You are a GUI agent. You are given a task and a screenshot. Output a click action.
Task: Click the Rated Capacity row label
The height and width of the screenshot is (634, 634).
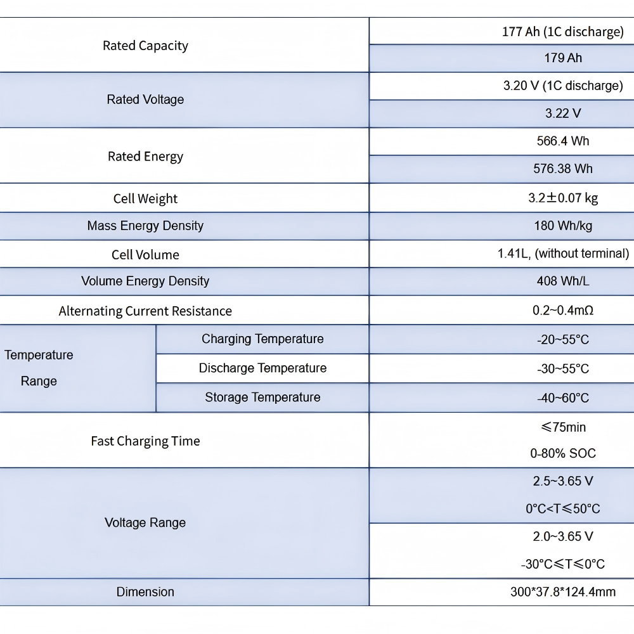(145, 46)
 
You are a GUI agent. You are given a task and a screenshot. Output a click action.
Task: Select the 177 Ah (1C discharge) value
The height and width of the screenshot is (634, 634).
(563, 32)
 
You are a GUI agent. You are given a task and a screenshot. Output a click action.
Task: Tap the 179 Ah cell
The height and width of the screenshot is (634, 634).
(563, 58)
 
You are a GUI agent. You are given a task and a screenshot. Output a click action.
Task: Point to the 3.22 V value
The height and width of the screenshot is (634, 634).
(563, 113)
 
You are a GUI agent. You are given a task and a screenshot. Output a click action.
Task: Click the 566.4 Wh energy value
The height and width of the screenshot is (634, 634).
(563, 141)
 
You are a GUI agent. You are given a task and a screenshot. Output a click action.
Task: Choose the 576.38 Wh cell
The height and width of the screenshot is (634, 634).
(563, 168)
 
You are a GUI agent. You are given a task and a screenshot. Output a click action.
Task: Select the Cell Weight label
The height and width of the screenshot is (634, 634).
(145, 198)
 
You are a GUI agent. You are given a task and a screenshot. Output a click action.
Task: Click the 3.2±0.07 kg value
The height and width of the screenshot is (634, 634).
(563, 198)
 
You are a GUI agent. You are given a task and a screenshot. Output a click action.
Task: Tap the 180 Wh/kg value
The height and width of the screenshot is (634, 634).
(563, 226)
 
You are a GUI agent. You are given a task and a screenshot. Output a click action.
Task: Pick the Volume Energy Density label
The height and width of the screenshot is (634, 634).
(145, 281)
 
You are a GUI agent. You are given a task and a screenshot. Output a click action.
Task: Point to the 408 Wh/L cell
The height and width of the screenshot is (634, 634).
(563, 281)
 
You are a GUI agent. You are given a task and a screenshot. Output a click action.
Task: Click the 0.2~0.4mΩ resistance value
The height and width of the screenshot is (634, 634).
(563, 310)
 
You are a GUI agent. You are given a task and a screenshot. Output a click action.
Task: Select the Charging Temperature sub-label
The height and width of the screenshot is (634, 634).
(262, 339)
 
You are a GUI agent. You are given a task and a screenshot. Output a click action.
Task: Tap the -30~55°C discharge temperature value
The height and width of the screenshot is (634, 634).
(563, 369)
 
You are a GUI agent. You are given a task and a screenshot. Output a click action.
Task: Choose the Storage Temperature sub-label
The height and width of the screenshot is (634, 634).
(262, 397)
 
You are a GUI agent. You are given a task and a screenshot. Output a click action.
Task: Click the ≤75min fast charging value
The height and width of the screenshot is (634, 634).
(563, 427)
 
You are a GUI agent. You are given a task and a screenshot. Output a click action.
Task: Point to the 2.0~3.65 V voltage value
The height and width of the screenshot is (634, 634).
(563, 536)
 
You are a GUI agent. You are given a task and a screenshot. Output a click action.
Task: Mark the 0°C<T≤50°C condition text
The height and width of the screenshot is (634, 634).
(563, 508)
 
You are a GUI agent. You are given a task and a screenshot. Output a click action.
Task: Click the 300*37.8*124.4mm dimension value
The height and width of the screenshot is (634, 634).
(563, 592)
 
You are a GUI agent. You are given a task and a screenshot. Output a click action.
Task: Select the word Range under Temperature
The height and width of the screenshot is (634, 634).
(39, 381)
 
